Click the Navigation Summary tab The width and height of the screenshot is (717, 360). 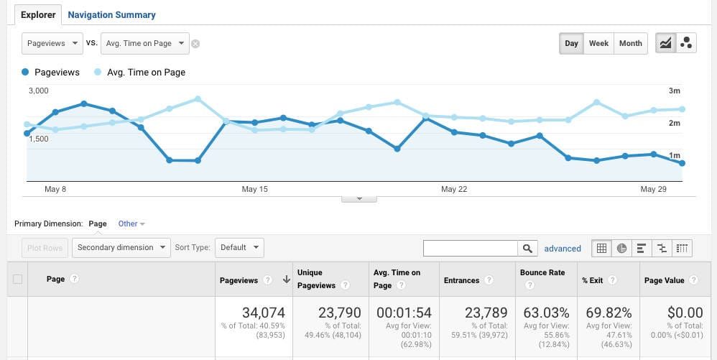[x=111, y=14]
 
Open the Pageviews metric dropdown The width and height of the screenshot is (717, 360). [x=53, y=44]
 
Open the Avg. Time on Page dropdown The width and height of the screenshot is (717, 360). [x=145, y=44]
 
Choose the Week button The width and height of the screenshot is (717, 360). [x=598, y=44]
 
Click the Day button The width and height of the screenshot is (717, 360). [x=571, y=44]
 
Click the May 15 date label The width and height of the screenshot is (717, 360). [x=254, y=190]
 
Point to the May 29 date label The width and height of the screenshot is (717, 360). [x=653, y=190]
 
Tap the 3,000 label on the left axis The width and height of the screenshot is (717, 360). [x=38, y=91]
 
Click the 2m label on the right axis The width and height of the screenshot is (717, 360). [x=674, y=124]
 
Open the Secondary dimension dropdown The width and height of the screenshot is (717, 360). [x=121, y=248]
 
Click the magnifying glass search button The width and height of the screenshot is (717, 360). [x=528, y=249]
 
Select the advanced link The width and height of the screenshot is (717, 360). [x=563, y=249]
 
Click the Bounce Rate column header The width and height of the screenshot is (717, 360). [x=542, y=273]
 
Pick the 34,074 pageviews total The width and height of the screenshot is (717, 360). [x=264, y=313]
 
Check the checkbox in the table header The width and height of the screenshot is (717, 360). [x=17, y=280]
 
